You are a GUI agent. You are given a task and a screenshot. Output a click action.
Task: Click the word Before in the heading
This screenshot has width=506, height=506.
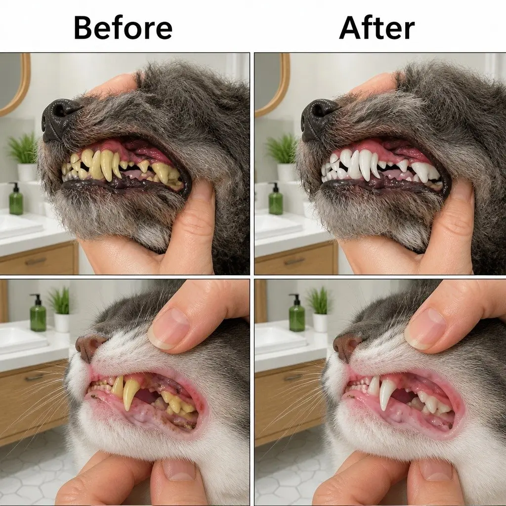[x=123, y=28]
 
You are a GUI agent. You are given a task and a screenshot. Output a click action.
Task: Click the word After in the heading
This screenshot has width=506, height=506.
[x=377, y=28]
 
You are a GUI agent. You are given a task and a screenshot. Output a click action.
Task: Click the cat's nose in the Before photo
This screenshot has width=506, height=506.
[x=88, y=346]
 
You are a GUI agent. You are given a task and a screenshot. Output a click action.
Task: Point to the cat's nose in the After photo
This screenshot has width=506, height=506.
[x=345, y=346]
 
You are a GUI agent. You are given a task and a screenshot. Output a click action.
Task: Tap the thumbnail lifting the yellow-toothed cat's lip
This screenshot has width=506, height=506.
[x=169, y=328]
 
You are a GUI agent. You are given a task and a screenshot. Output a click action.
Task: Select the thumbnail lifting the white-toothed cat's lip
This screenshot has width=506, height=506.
[x=425, y=328]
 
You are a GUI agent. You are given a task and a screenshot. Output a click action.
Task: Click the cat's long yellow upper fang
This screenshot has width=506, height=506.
[x=130, y=393]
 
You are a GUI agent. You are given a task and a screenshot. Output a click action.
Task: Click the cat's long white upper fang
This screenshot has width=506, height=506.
[x=387, y=393]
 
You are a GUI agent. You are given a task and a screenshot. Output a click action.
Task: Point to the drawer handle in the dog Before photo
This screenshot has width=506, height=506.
[x=36, y=261]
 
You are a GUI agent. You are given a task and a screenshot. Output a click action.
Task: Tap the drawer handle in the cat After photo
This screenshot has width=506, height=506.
[x=293, y=378]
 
